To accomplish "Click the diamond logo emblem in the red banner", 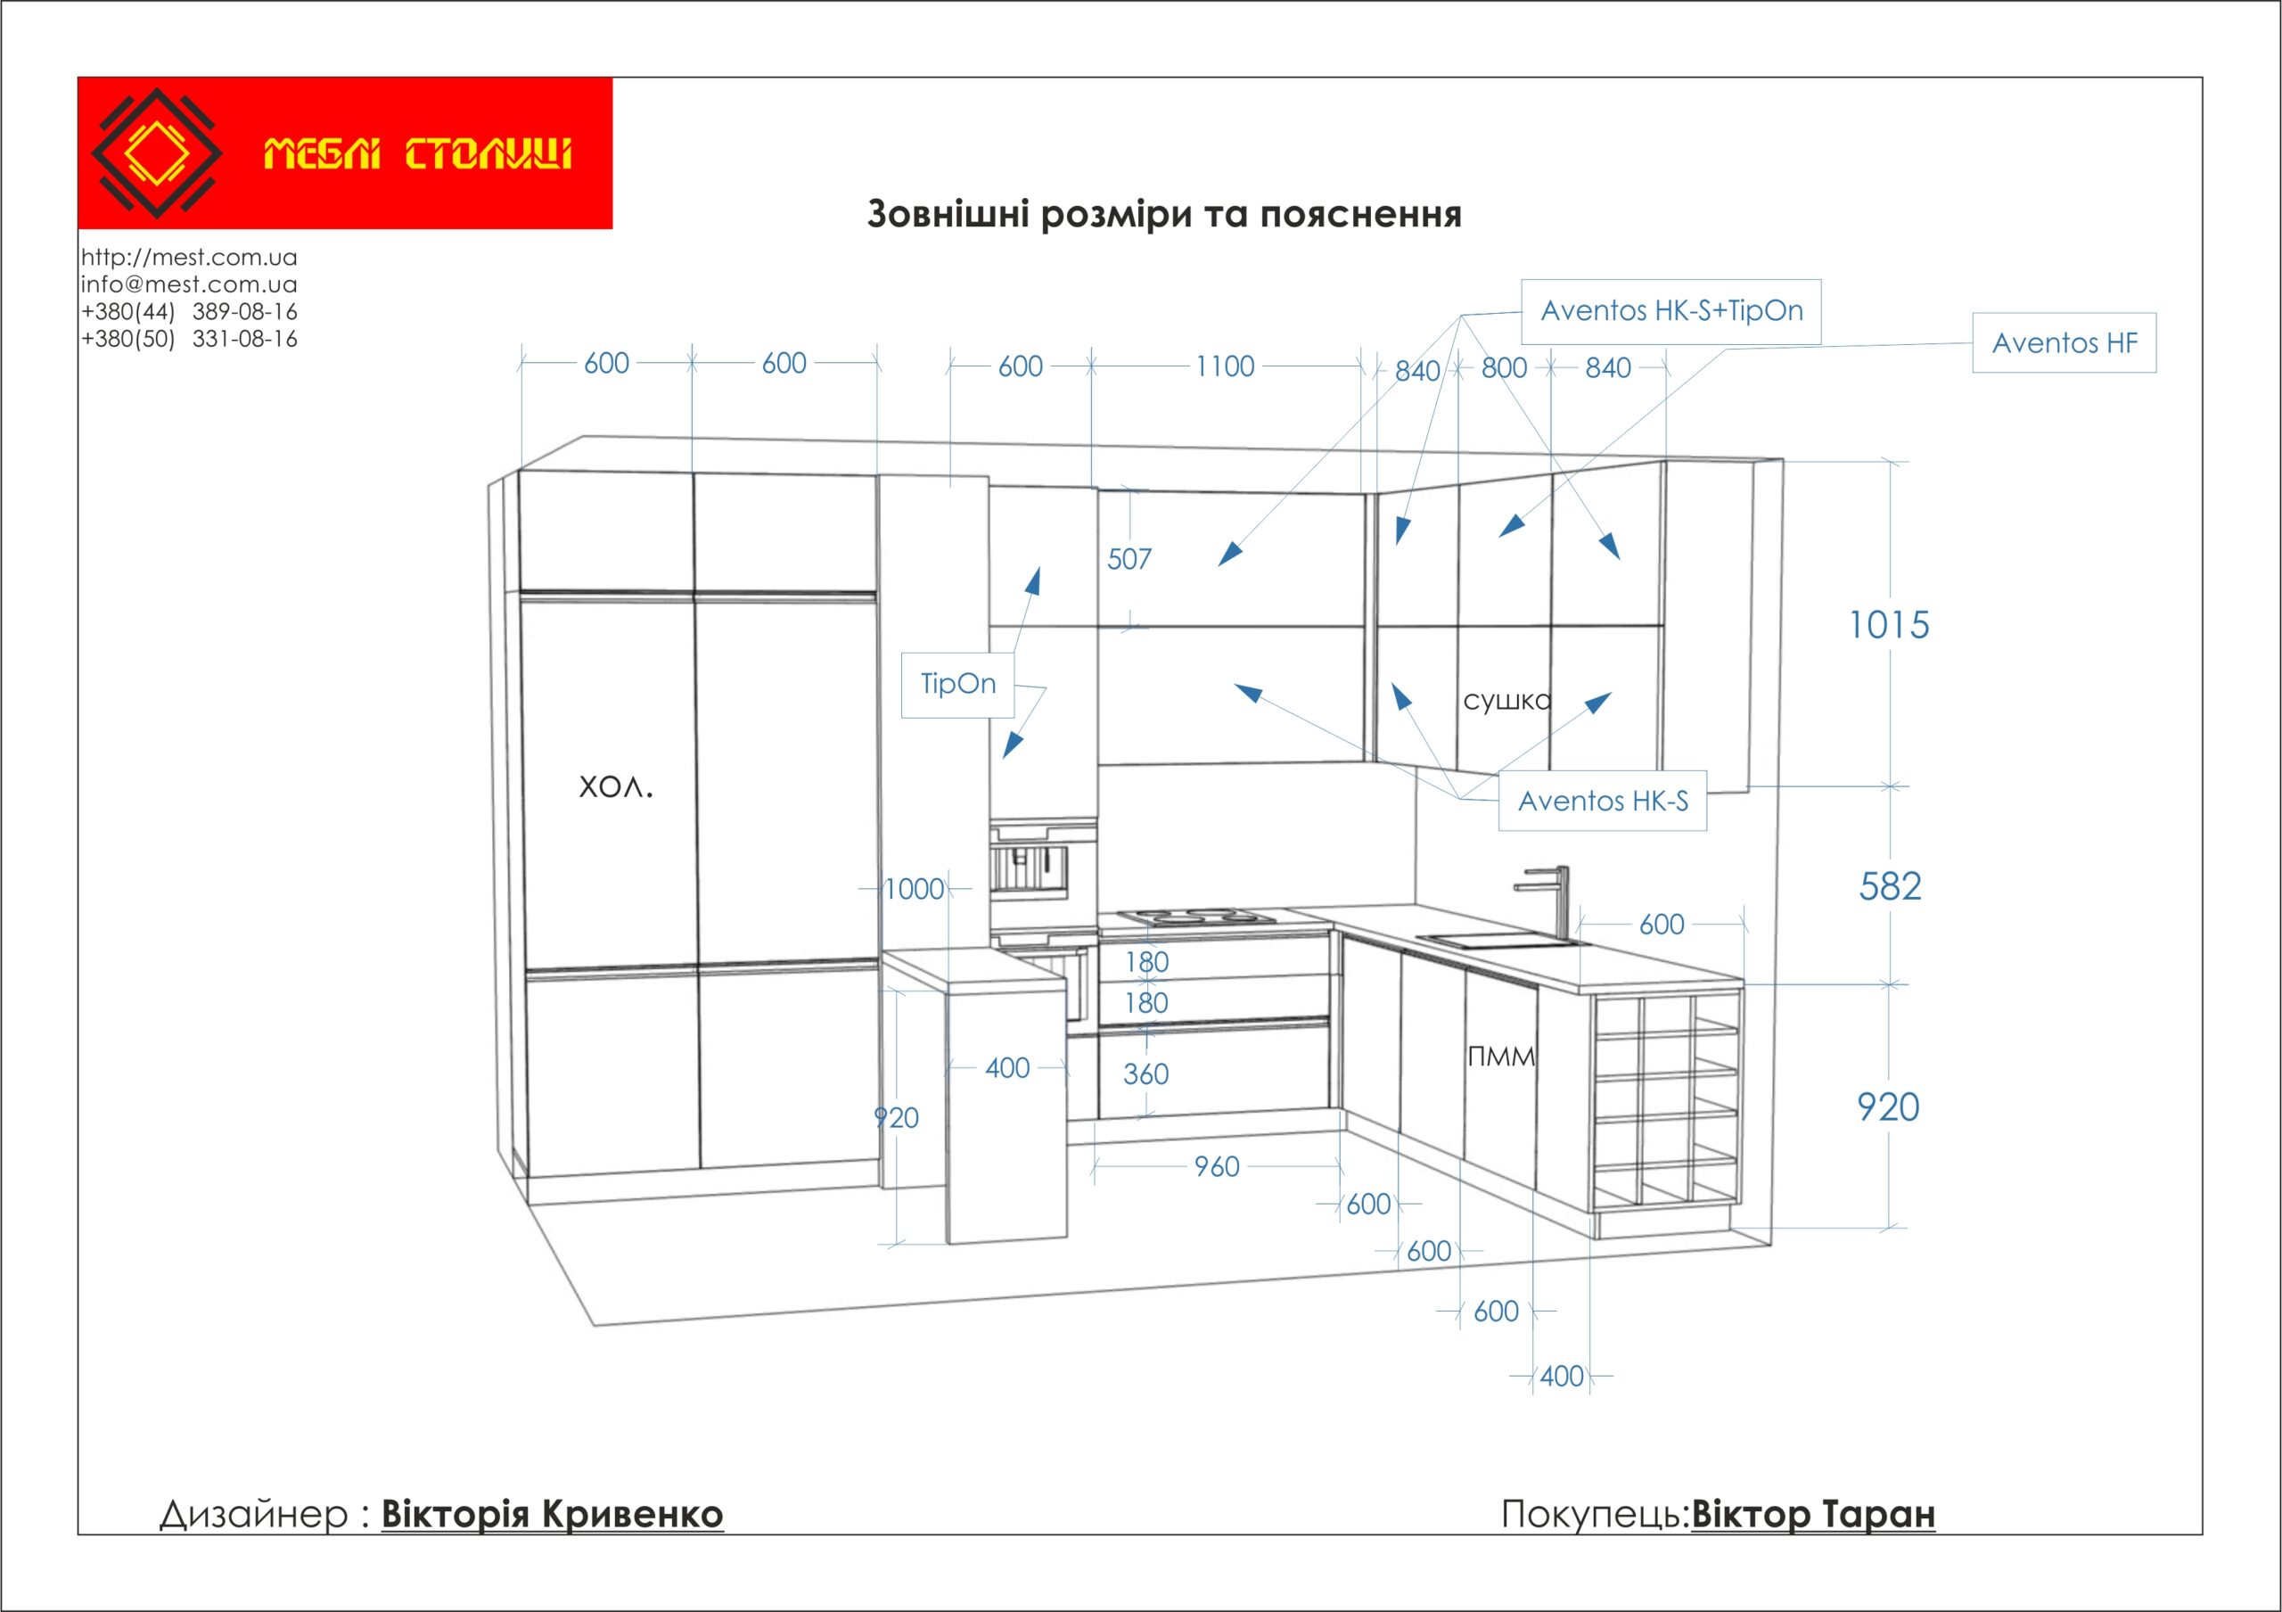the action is tap(157, 153).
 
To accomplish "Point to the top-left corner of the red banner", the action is tap(78, 78).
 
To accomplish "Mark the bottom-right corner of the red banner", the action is tap(612, 228).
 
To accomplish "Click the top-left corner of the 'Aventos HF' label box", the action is tap(1973, 314).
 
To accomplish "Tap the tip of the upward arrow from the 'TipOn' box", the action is tap(1038, 567).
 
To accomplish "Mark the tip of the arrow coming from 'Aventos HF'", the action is tap(1498, 538).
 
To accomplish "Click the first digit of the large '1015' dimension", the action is tap(1855, 625).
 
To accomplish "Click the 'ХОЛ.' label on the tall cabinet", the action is tap(616, 787).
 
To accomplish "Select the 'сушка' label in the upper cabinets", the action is tap(1506, 701).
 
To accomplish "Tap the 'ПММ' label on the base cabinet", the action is tap(1501, 1056).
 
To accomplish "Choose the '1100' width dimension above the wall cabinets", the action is tap(1225, 366).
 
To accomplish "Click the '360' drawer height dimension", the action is tap(1146, 1073).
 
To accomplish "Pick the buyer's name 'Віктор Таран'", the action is tap(1813, 1515).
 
